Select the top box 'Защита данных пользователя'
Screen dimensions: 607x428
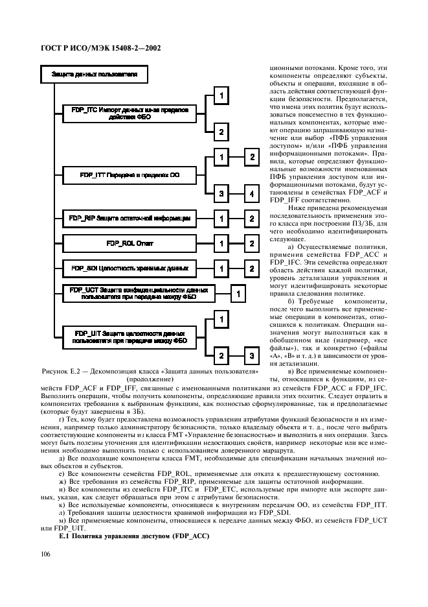(95, 75)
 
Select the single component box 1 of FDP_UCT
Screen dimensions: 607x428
(238, 294)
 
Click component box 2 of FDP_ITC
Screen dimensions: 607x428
(221, 132)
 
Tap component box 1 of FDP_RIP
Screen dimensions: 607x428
(221, 219)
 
